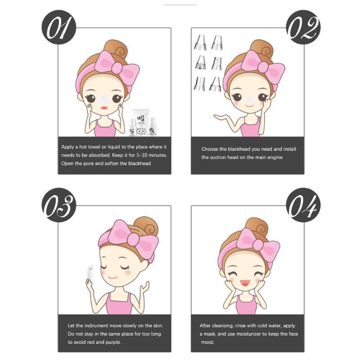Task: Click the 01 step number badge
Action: click(59, 27)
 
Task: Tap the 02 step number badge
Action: click(303, 27)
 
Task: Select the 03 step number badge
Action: click(59, 205)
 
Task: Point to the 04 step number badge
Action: click(303, 205)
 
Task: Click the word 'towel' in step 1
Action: click(94, 147)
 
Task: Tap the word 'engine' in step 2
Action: click(275, 158)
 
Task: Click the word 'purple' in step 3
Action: click(113, 342)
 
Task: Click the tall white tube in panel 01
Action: click(141, 121)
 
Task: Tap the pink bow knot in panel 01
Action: click(117, 68)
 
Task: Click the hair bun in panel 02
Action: click(262, 49)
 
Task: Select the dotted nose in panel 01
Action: click(103, 99)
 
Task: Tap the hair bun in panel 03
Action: click(146, 227)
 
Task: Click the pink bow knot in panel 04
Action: click(258, 245)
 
